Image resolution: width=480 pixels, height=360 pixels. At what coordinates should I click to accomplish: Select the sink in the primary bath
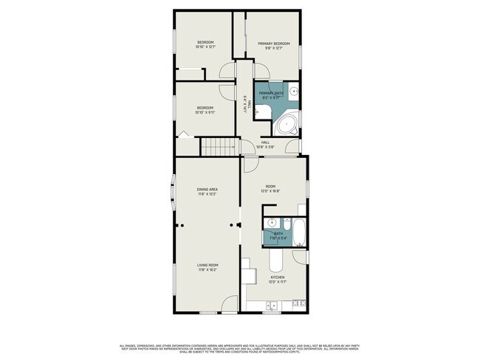click(293, 93)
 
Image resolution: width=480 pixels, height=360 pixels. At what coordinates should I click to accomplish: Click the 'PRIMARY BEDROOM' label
click(274, 44)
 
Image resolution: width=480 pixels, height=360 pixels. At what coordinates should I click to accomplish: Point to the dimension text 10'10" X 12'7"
click(205, 47)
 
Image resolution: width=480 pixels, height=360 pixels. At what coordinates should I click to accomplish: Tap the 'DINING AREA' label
click(207, 190)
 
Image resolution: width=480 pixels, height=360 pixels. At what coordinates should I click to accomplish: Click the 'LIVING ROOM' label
click(207, 265)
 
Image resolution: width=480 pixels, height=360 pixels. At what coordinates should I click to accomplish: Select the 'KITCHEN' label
click(277, 277)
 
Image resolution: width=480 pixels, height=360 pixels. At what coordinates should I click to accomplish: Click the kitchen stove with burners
click(298, 302)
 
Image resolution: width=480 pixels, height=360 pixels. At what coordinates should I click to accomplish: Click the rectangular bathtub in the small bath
click(298, 232)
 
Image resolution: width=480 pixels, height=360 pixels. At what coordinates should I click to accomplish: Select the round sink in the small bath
click(271, 224)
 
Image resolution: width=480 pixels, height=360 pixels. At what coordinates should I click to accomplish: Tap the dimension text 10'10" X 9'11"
click(205, 113)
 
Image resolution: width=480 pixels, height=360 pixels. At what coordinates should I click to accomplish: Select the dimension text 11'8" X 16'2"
click(207, 269)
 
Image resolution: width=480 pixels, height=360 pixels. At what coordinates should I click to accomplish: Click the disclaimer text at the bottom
click(240, 347)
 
